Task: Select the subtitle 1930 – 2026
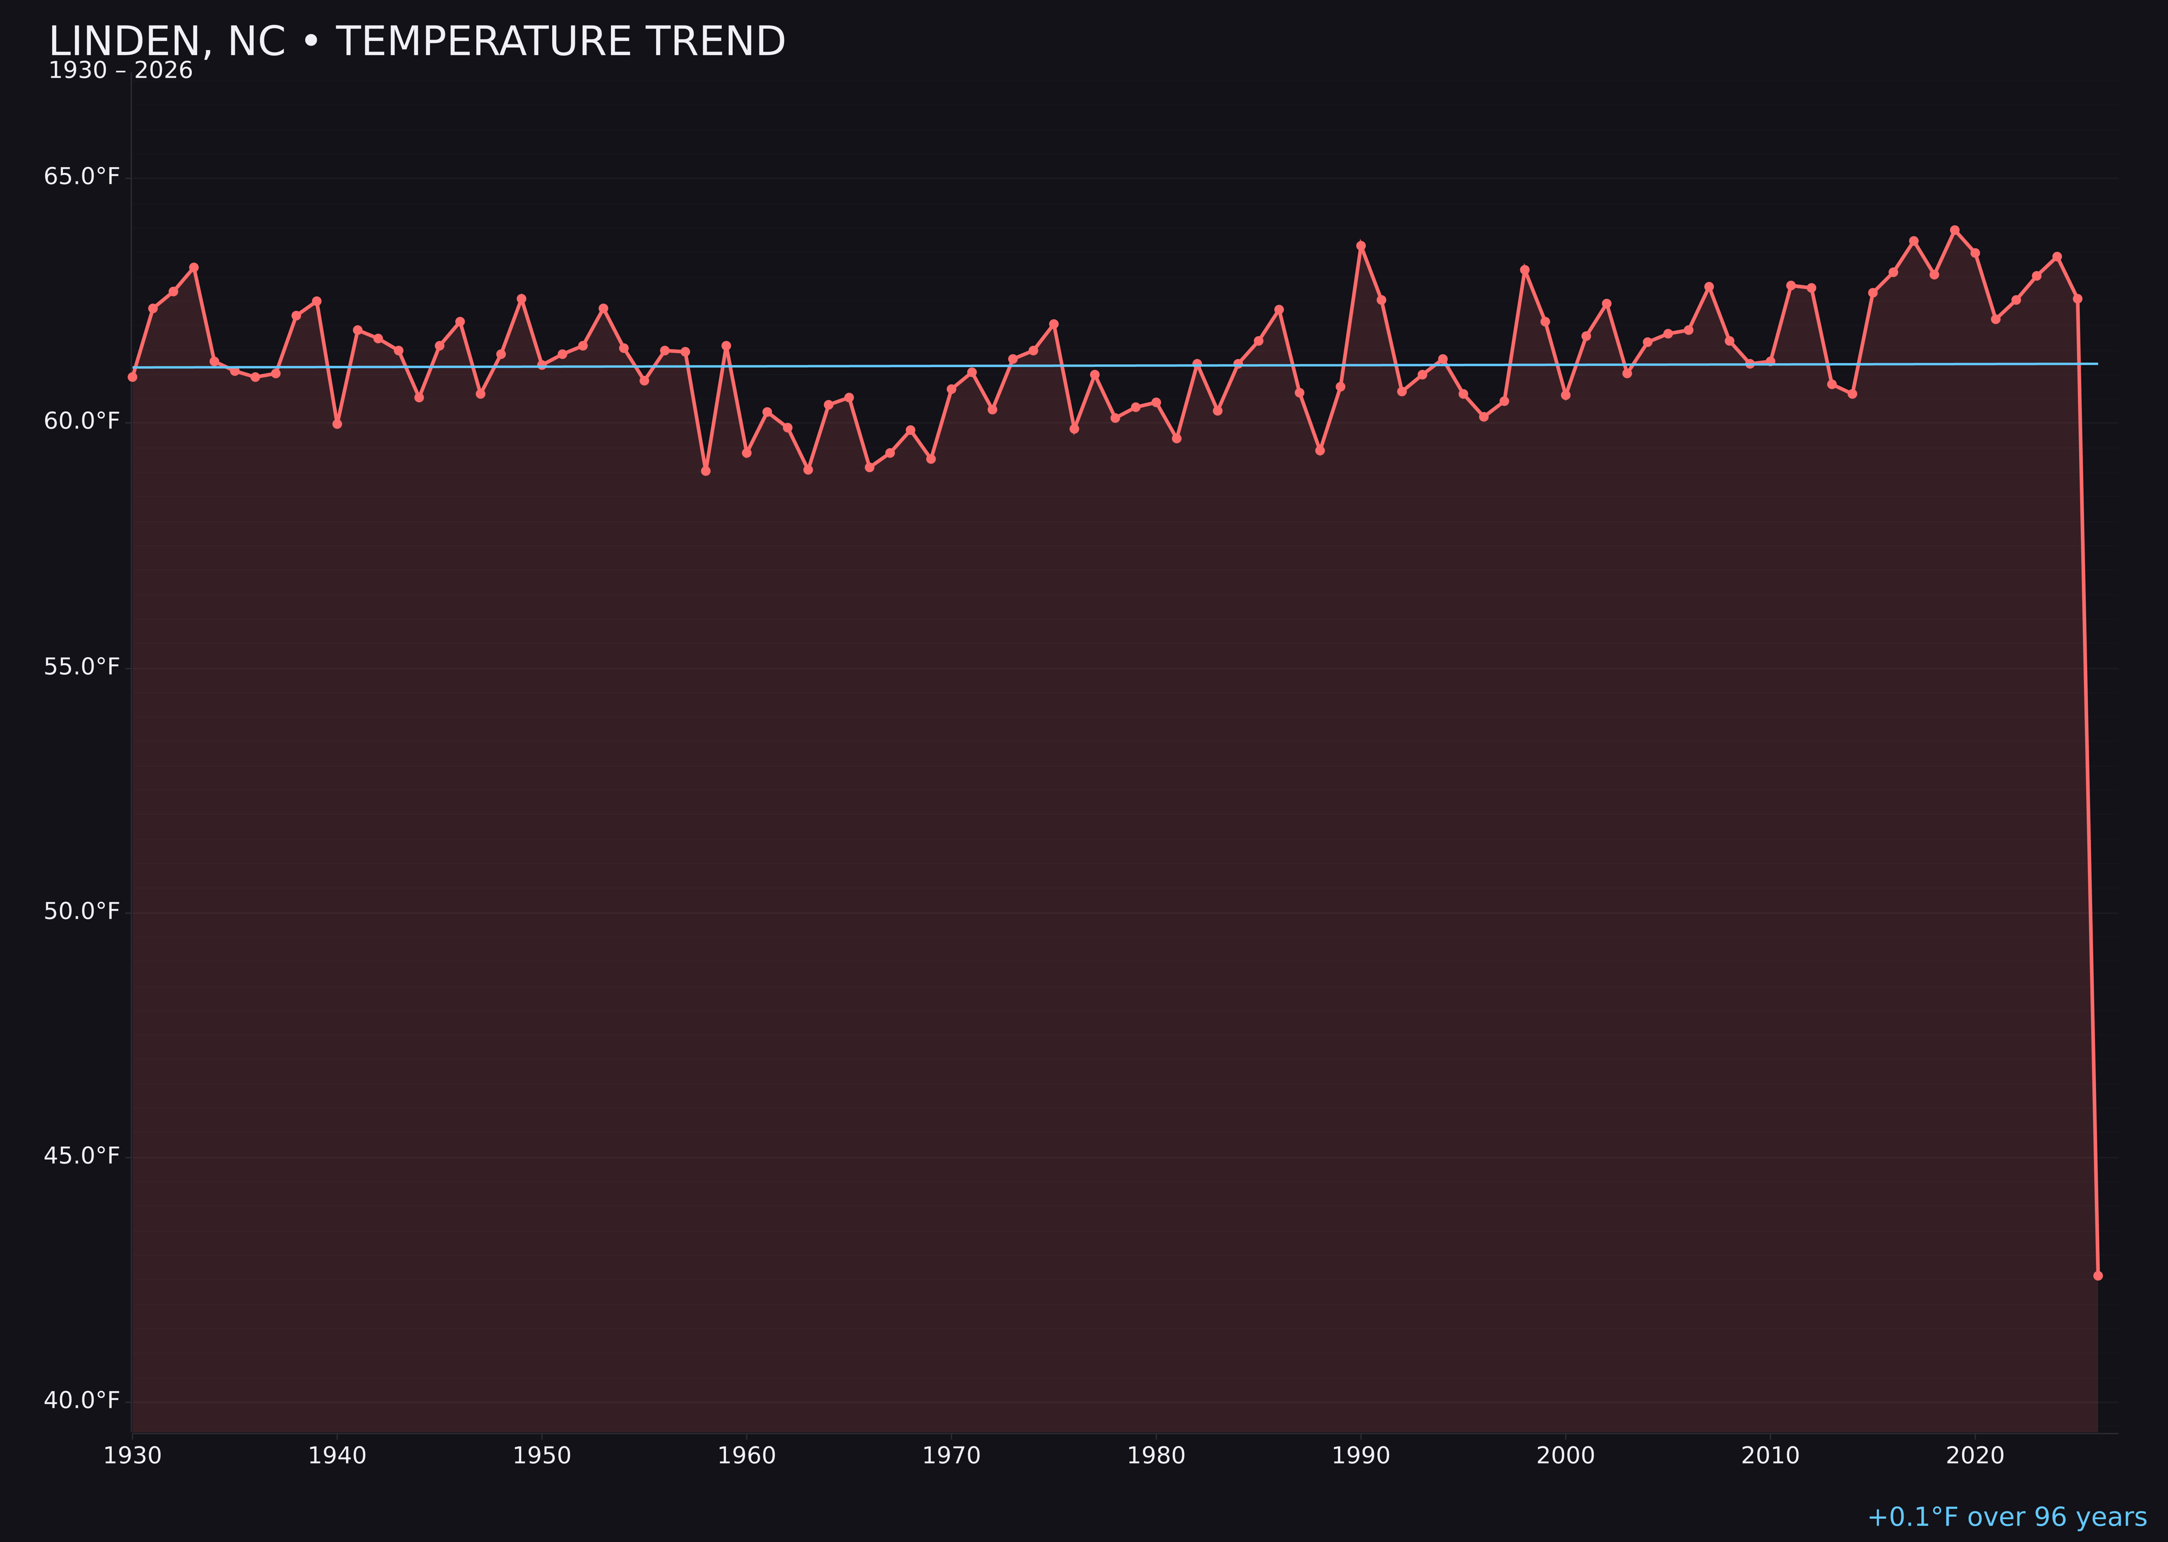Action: [x=120, y=71]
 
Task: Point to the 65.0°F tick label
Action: [x=82, y=177]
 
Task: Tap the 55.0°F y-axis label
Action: [x=82, y=666]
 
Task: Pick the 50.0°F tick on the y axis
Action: [x=82, y=911]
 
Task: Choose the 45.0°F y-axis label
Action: [x=82, y=1155]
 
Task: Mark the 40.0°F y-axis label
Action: [x=82, y=1400]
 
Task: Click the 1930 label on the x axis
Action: [x=133, y=1456]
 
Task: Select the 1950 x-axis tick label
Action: [x=542, y=1456]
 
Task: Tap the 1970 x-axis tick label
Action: [x=951, y=1456]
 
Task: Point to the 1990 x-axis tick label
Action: [x=1361, y=1456]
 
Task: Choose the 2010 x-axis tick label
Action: [x=1770, y=1456]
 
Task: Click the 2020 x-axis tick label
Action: [x=1975, y=1456]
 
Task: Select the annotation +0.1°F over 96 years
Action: [x=2006, y=1517]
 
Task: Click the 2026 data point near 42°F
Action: [x=2098, y=1275]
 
